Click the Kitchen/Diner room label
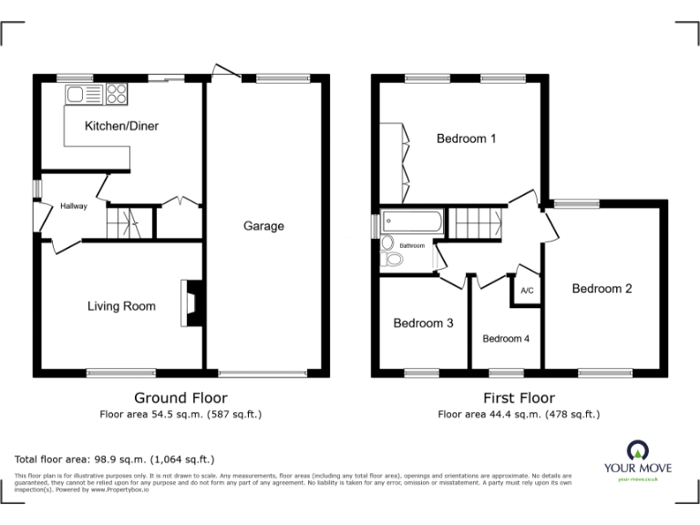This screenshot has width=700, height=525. [x=121, y=126]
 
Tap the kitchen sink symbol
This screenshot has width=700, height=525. [x=76, y=92]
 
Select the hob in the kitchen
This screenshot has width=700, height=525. [x=117, y=92]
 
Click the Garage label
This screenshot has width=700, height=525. [x=263, y=226]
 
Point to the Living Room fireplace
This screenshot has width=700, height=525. [x=190, y=304]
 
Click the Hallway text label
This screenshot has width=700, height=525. [x=74, y=206]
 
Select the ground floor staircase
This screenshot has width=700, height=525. [x=125, y=221]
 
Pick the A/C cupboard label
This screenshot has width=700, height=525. [x=526, y=291]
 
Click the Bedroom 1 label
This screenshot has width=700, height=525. [x=466, y=139]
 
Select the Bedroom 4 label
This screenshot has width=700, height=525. [x=506, y=339]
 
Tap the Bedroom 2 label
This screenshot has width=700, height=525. [x=602, y=289]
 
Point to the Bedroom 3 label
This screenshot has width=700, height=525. [x=423, y=323]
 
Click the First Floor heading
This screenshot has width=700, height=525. [x=519, y=397]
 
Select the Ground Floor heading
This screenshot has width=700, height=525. [x=180, y=397]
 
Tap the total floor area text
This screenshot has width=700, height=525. [x=115, y=458]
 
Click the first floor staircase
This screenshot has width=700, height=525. [x=479, y=221]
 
